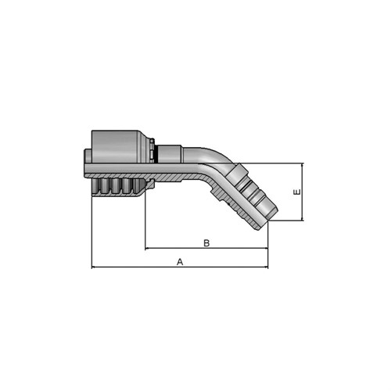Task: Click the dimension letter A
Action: [180, 262]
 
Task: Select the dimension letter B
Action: [206, 243]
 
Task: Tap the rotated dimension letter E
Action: [297, 192]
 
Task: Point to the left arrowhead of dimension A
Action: [94, 267]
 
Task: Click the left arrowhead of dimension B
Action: [147, 248]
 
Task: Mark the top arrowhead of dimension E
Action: [303, 165]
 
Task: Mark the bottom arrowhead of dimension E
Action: [303, 219]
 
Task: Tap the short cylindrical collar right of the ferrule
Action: [170, 154]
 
